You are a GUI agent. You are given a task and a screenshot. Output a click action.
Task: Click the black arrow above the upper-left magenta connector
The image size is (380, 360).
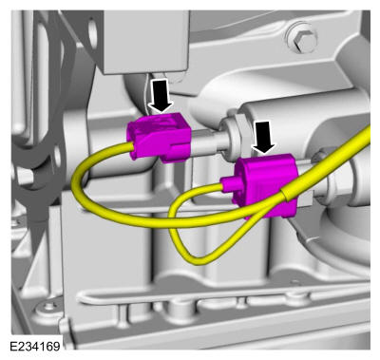pyautogui.click(x=161, y=95)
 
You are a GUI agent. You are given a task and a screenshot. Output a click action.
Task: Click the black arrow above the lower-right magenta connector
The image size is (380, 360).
pyautogui.click(x=264, y=138)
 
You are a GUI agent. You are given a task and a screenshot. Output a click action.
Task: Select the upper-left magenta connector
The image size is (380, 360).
pyautogui.click(x=160, y=138)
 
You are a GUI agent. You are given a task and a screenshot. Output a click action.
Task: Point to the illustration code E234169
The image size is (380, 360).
pyautogui.click(x=35, y=346)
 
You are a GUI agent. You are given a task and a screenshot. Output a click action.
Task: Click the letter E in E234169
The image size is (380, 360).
pyautogui.click(x=13, y=346)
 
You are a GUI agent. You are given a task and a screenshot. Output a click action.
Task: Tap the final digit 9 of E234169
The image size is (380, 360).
pyautogui.click(x=56, y=346)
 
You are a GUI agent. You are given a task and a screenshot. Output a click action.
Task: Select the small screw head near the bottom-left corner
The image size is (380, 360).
pyautogui.click(x=48, y=307)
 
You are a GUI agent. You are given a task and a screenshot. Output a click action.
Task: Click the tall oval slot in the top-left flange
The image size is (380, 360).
pyautogui.click(x=92, y=34)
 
